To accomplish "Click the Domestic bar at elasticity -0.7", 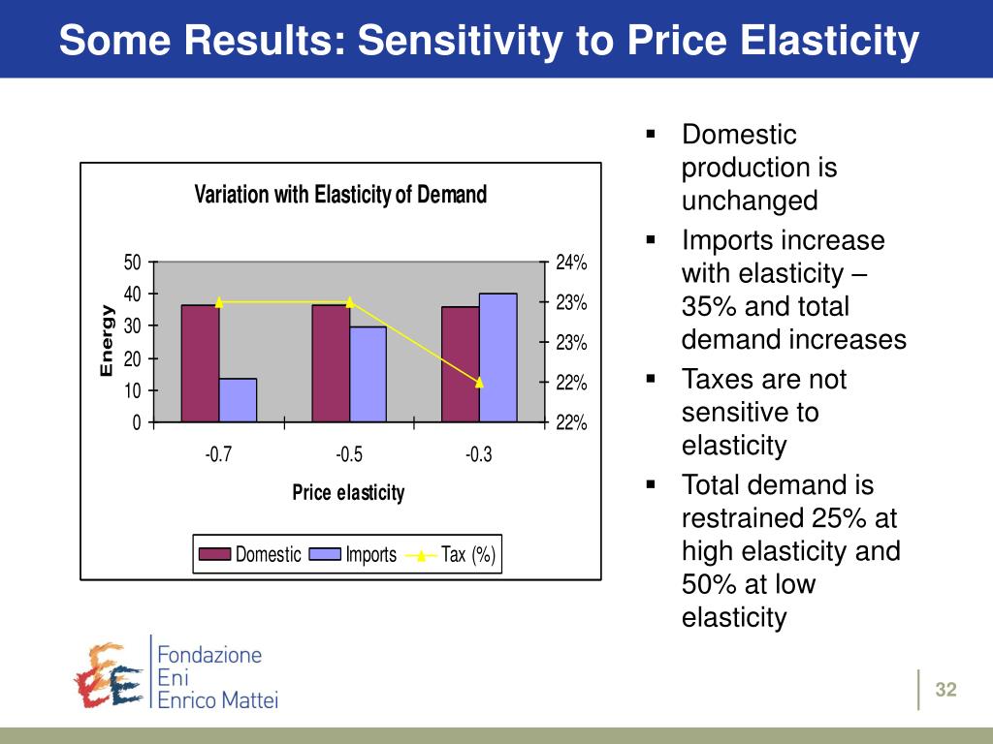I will coord(200,363).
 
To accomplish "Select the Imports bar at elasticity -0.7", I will coord(238,400).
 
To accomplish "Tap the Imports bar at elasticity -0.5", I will coord(368,374).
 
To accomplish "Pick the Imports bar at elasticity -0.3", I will coord(497,357).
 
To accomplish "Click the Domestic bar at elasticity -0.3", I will coord(460,364).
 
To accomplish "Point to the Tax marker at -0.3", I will coord(479,382).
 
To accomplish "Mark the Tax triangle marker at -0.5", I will coord(349,302).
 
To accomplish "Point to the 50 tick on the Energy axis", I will coord(133,263).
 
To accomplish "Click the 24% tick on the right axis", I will coord(571,263).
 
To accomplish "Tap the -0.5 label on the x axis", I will coord(349,454).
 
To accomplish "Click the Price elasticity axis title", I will coord(348,493).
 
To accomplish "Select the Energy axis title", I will coord(107,341).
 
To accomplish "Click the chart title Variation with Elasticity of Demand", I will coord(340,195).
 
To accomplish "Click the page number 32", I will coord(945,690).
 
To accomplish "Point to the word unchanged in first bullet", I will coord(750,201).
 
